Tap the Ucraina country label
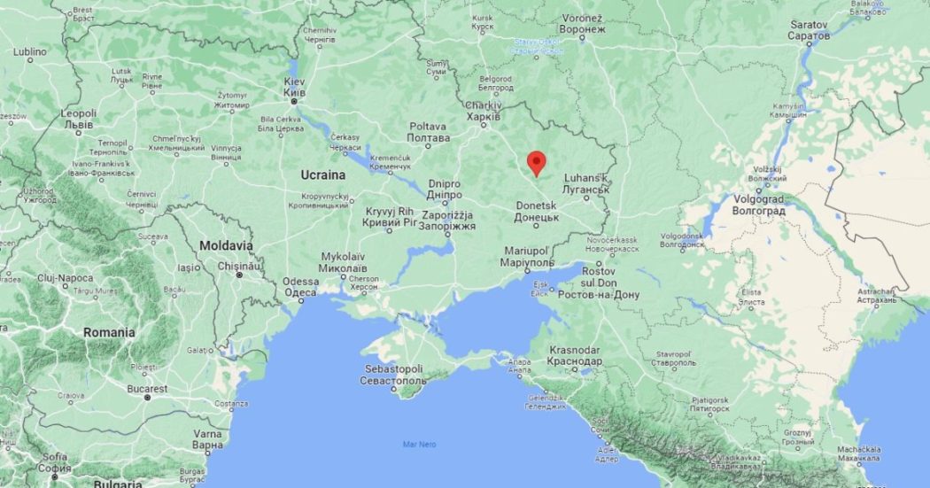coord(323,174)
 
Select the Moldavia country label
coord(225,244)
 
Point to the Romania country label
coord(109,332)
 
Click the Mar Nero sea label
coord(420,444)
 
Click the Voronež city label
coord(582,23)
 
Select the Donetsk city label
coord(537,211)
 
